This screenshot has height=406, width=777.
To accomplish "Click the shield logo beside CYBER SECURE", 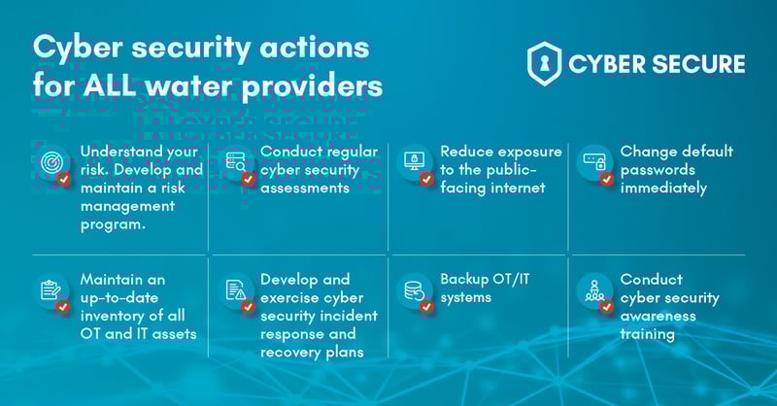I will (545, 64).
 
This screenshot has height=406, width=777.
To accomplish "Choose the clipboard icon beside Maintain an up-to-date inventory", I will (51, 289).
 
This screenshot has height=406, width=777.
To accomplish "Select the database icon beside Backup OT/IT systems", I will (413, 288).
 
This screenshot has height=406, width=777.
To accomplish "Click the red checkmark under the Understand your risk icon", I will (63, 179).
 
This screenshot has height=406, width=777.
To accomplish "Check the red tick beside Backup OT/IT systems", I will (426, 307).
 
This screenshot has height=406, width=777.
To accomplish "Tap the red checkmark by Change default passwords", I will (607, 179).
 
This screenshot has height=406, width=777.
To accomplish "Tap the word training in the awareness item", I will (648, 334).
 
